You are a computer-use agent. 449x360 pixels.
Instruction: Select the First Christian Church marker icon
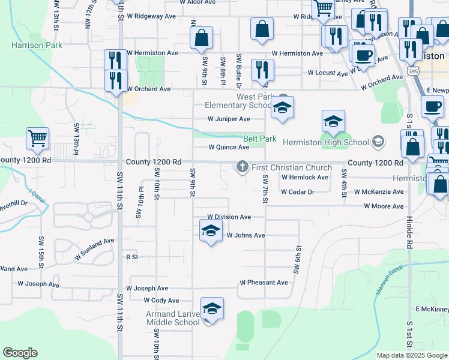coord(243,166)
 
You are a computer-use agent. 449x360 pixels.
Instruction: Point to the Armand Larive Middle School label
coord(173,318)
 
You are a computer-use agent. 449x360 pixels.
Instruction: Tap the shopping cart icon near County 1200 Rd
coord(37,138)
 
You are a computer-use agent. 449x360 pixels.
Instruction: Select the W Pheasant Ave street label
coord(264,282)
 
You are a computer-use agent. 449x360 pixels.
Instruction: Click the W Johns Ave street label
coord(246,235)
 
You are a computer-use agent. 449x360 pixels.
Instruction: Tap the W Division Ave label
coord(229,217)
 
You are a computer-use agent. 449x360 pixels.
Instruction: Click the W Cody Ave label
coord(161,300)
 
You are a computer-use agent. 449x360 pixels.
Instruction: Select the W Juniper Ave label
coord(229,119)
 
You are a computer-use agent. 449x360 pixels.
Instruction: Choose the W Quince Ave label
coord(229,147)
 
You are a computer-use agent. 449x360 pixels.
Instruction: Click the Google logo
coord(20,353)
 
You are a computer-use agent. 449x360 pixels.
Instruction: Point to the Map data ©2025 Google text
coord(411,355)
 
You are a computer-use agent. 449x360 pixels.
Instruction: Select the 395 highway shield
coord(413,71)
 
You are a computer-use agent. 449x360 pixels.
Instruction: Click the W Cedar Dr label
coord(298,192)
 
